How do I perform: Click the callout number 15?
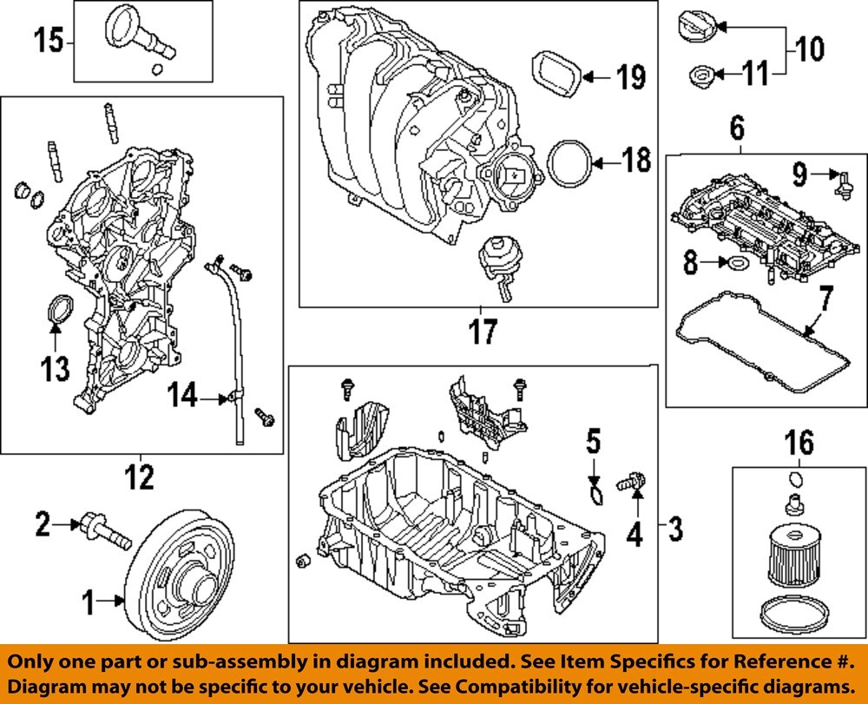[x=49, y=41]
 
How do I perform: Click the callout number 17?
[x=482, y=332]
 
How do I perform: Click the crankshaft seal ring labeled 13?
[x=59, y=313]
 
